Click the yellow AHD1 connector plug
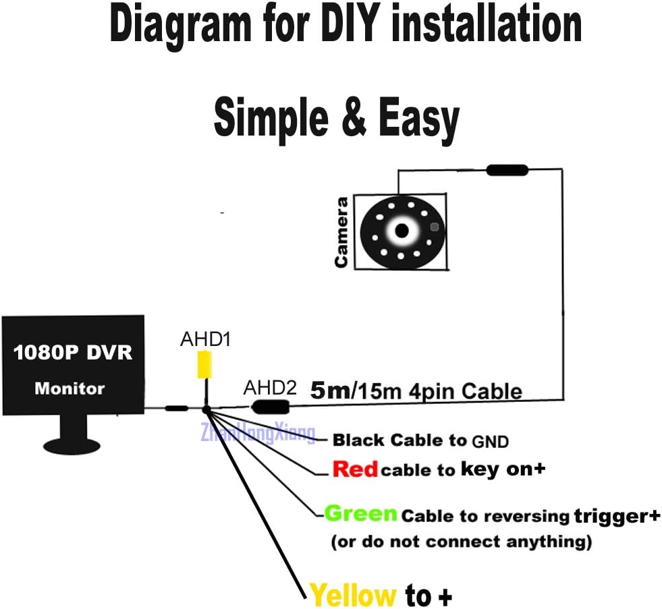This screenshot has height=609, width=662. tap(204, 366)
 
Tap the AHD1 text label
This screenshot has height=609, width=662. tap(205, 339)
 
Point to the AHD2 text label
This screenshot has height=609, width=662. tap(270, 387)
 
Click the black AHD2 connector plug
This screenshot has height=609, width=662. tap(270, 407)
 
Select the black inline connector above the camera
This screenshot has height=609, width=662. tap(507, 170)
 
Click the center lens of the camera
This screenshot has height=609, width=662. tap(402, 231)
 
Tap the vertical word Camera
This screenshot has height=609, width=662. tap(341, 233)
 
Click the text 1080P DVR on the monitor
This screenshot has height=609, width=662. tap(73, 353)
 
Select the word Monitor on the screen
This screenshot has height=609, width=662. tap(70, 388)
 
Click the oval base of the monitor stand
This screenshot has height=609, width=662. tap(72, 446)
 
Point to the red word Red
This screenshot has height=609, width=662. tap(355, 469)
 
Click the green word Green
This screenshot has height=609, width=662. tap(361, 514)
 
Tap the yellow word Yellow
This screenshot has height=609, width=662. tap(352, 595)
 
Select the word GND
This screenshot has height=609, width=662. tap(490, 442)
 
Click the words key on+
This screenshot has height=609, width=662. tap(503, 469)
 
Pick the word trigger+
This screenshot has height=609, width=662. tap(617, 516)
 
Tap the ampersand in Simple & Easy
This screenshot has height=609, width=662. tap(354, 116)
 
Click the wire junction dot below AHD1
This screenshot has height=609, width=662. tap(206, 409)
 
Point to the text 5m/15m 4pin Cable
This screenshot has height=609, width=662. tap(416, 390)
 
